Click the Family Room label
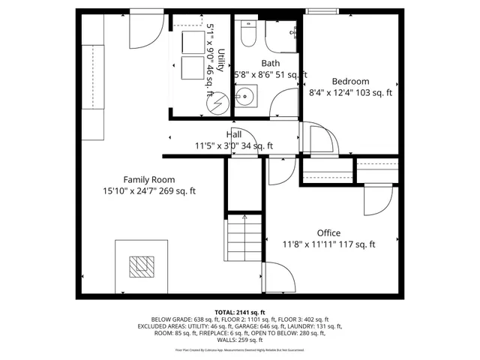click(149, 179)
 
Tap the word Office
click(328, 232)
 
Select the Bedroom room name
click(350, 81)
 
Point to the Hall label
click(233, 135)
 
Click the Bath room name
click(270, 64)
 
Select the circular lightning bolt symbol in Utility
click(215, 102)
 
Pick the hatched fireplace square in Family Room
click(140, 266)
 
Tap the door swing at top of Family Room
click(145, 28)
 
